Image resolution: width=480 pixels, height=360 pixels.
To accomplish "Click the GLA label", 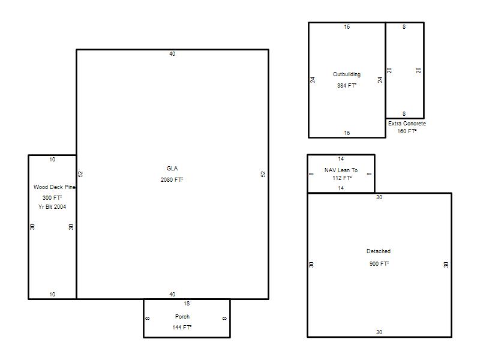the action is point(172,169).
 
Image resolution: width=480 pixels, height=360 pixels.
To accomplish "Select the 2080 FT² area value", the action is point(172,179).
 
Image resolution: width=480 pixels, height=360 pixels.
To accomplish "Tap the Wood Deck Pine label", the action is point(54,187).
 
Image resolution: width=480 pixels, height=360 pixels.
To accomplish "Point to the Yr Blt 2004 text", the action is point(52,207).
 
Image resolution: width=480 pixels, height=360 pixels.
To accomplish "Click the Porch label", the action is point(182,317).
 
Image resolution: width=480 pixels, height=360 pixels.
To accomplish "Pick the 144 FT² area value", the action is point(182,327).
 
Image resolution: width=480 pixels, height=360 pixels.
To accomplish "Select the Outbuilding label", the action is point(347,74).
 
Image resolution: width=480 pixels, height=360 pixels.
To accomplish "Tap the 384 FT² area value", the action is point(347,86).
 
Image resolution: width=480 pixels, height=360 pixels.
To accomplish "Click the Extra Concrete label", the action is point(407,124).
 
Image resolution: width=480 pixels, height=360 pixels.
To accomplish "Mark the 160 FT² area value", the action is point(407,131).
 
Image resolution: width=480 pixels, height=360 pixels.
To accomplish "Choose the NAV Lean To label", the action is point(341,170).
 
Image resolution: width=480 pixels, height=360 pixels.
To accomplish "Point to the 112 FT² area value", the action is point(342,178).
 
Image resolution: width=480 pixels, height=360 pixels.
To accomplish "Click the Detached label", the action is point(379,251).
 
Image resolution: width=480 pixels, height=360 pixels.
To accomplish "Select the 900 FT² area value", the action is point(379,263).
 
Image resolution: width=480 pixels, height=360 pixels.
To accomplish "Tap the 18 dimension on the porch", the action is point(187,304).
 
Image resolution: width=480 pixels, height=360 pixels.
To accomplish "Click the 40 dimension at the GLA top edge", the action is point(172,54).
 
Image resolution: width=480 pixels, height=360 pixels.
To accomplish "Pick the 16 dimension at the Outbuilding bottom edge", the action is point(347,133).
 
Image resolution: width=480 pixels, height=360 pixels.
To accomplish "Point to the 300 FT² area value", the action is point(52,198).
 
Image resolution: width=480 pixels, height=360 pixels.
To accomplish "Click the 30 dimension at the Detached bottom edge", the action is point(379,332).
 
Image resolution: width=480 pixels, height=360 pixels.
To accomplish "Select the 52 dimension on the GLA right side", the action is point(263,174).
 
